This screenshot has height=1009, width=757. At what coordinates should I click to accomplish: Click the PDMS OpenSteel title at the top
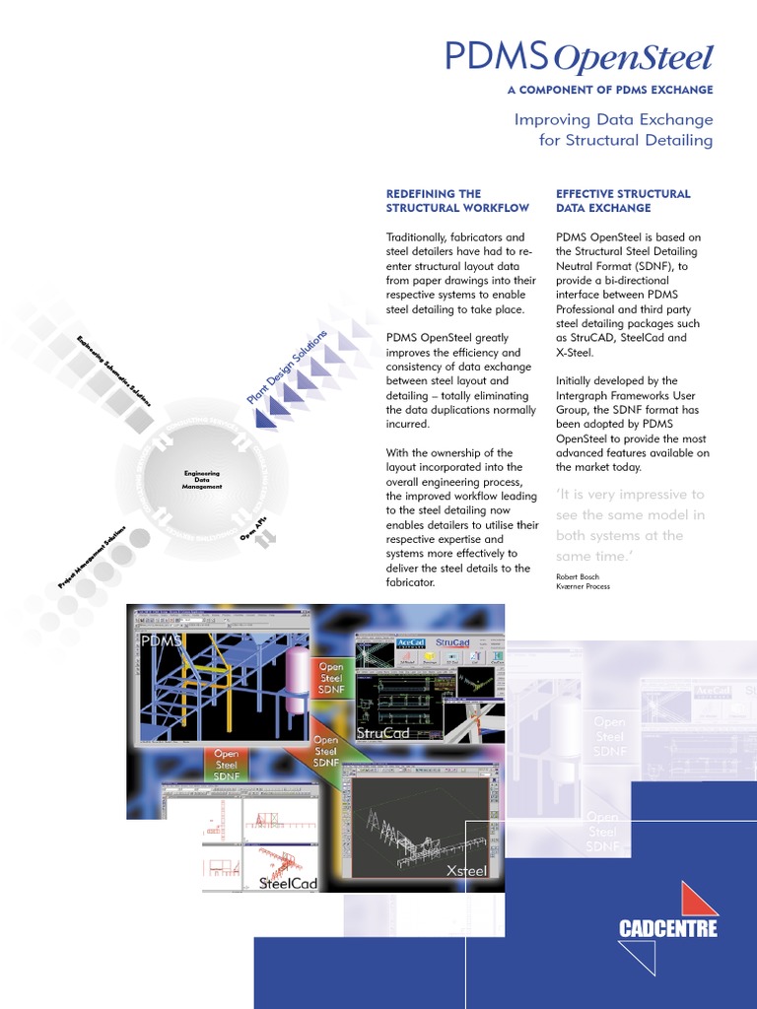(578, 58)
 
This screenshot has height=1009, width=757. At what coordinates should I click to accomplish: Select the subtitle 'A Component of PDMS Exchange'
(609, 90)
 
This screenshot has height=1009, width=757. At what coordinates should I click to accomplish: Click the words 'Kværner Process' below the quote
(583, 586)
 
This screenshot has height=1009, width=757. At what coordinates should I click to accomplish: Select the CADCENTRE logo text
(667, 928)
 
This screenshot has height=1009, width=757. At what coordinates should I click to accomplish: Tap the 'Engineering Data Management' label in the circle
(203, 480)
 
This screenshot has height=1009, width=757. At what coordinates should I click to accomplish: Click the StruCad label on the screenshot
(382, 733)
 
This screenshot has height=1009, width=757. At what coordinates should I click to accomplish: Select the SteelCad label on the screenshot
(287, 883)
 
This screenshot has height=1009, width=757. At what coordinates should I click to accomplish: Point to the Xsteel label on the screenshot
(466, 870)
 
